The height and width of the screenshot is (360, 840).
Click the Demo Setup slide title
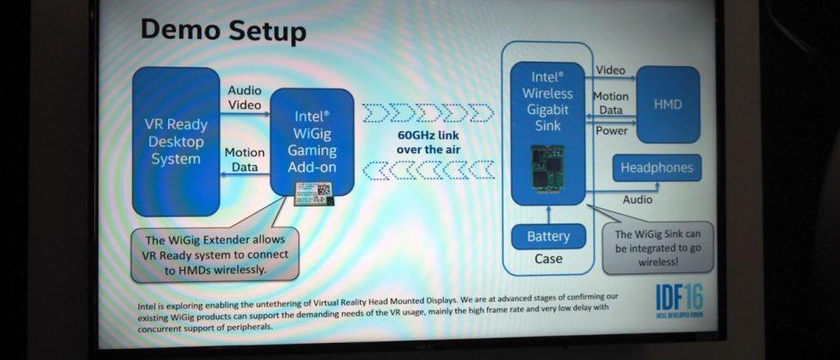[222, 32]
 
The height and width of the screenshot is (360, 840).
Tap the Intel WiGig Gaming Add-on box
[312, 141]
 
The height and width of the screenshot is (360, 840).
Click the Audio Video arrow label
[245, 97]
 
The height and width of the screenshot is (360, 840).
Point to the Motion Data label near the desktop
[244, 159]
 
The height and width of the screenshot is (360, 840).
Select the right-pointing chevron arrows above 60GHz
[427, 113]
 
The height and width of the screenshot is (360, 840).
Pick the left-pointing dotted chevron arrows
[427, 172]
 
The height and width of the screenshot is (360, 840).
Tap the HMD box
[667, 104]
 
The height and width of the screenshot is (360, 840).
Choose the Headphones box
[657, 168]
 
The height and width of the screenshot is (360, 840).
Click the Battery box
[548, 235]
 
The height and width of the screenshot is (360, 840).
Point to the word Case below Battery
[548, 258]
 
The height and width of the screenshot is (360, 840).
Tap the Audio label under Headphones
[637, 200]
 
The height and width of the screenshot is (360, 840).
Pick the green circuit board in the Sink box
[548, 167]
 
